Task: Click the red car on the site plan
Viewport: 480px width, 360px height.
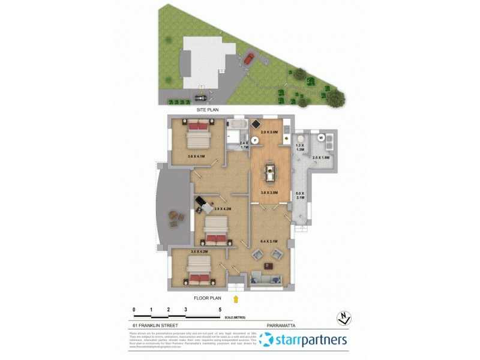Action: (x=248, y=58)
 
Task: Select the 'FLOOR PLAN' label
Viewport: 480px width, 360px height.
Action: (x=208, y=298)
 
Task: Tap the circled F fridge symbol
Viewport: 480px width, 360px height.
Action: (x=254, y=140)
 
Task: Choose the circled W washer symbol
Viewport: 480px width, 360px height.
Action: (x=321, y=137)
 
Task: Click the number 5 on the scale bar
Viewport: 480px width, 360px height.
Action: (x=220, y=309)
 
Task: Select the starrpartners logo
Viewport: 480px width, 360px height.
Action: (x=304, y=340)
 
